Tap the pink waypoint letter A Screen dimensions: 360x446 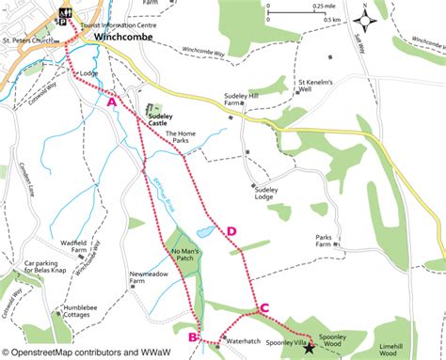tap(112, 101)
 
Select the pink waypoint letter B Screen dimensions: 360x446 tap(192, 337)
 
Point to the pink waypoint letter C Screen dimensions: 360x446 tap(264, 307)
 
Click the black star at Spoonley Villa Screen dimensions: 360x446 tap(283, 349)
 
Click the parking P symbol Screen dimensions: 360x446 tap(63, 23)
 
